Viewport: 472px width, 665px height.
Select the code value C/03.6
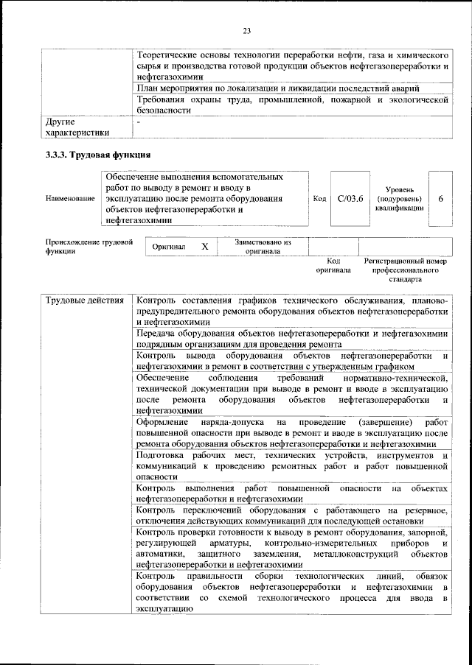(350, 199)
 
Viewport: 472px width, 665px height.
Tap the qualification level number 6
(440, 199)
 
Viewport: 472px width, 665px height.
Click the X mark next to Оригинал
(205, 247)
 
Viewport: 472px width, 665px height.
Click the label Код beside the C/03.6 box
(319, 199)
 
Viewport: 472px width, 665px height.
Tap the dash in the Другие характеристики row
(139, 120)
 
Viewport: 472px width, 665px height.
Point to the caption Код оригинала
(333, 265)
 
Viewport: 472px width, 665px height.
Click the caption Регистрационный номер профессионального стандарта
(406, 270)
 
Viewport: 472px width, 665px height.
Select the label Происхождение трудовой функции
(88, 246)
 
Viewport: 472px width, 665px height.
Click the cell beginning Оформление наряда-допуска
(292, 433)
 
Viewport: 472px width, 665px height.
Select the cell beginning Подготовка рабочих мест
(292, 466)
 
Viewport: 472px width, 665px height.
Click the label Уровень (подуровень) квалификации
(399, 199)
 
